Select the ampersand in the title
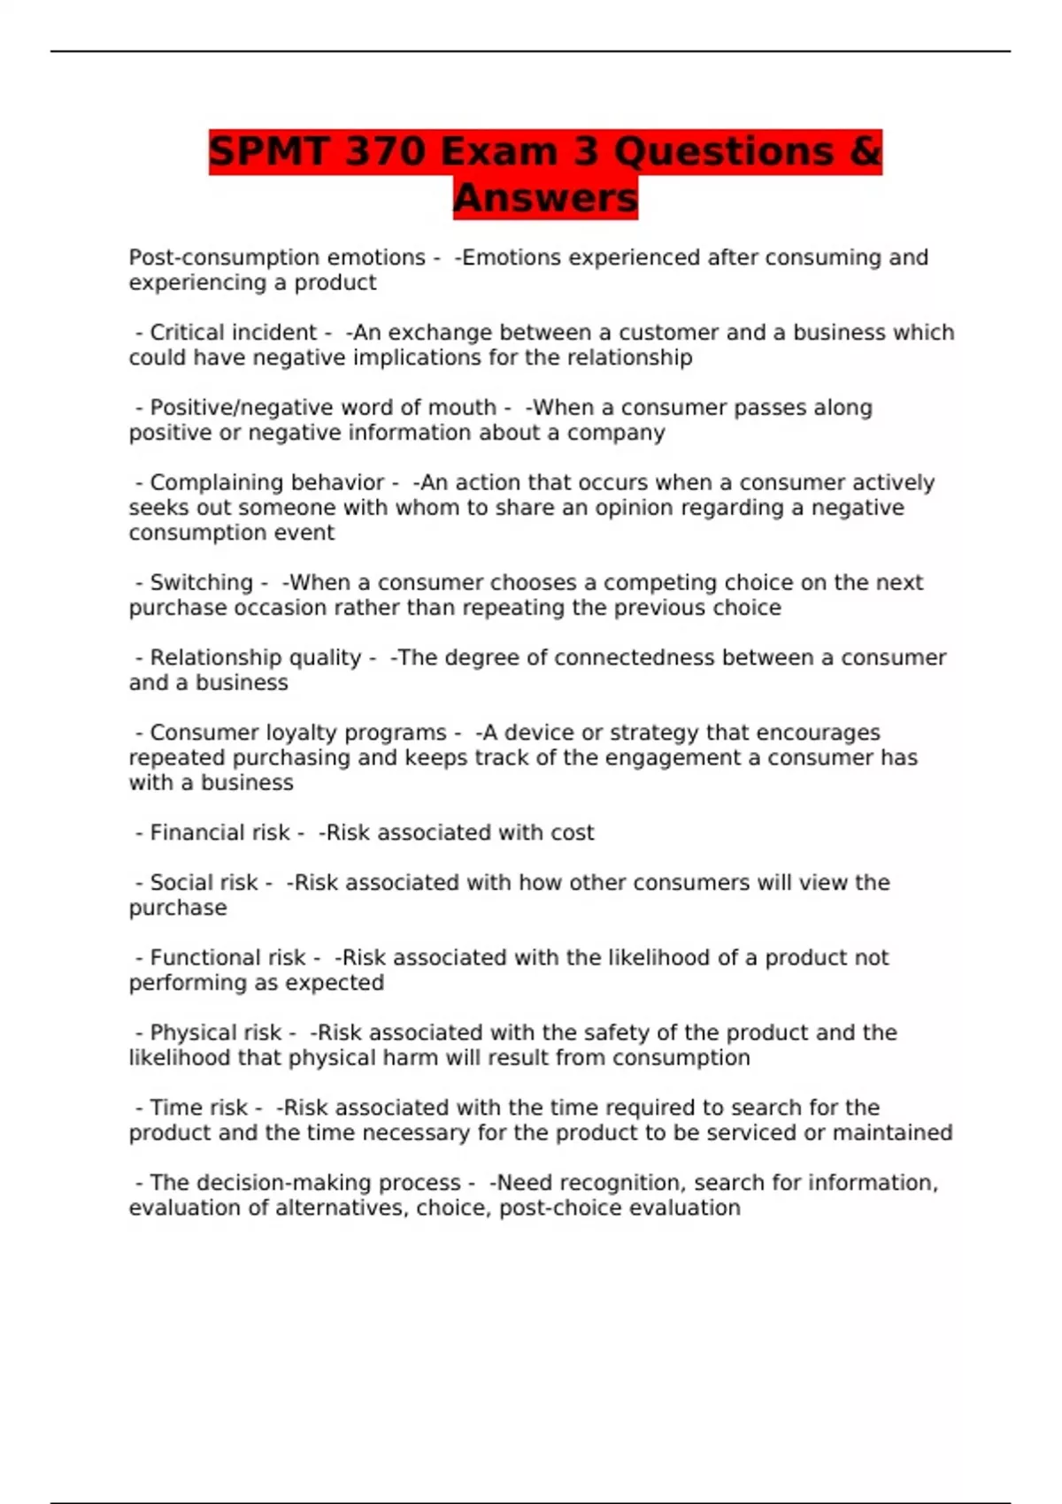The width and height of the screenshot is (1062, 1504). [865, 151]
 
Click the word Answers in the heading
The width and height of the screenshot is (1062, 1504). [545, 198]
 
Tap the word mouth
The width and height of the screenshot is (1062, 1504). [462, 408]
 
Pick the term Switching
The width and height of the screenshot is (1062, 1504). [202, 583]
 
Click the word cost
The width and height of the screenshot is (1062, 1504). [573, 833]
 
